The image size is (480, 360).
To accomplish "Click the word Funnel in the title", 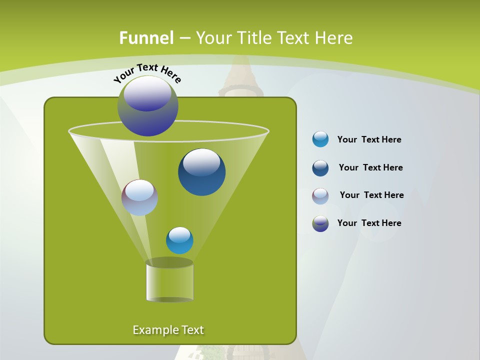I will click(x=146, y=38).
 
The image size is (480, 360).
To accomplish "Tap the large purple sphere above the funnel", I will click(x=148, y=106).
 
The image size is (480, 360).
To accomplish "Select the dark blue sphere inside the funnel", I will click(x=201, y=172).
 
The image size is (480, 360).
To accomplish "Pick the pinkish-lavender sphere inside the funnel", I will click(x=139, y=197).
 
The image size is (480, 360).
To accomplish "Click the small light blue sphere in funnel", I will click(x=179, y=240).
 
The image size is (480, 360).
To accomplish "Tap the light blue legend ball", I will click(x=320, y=139).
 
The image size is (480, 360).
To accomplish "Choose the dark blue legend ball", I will click(x=320, y=168).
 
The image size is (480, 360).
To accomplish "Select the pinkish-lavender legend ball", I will click(x=320, y=196).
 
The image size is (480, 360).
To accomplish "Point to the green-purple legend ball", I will click(x=320, y=223).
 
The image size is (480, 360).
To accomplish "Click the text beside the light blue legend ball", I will click(x=369, y=140).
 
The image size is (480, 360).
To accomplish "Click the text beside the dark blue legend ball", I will click(x=370, y=168).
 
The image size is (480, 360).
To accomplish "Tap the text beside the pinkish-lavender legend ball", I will click(x=371, y=195).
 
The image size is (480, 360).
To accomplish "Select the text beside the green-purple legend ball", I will click(x=369, y=223).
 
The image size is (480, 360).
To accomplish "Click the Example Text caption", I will click(x=168, y=330).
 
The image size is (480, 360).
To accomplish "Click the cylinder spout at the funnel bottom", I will click(x=169, y=282).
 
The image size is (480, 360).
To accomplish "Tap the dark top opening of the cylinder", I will click(x=169, y=262).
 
